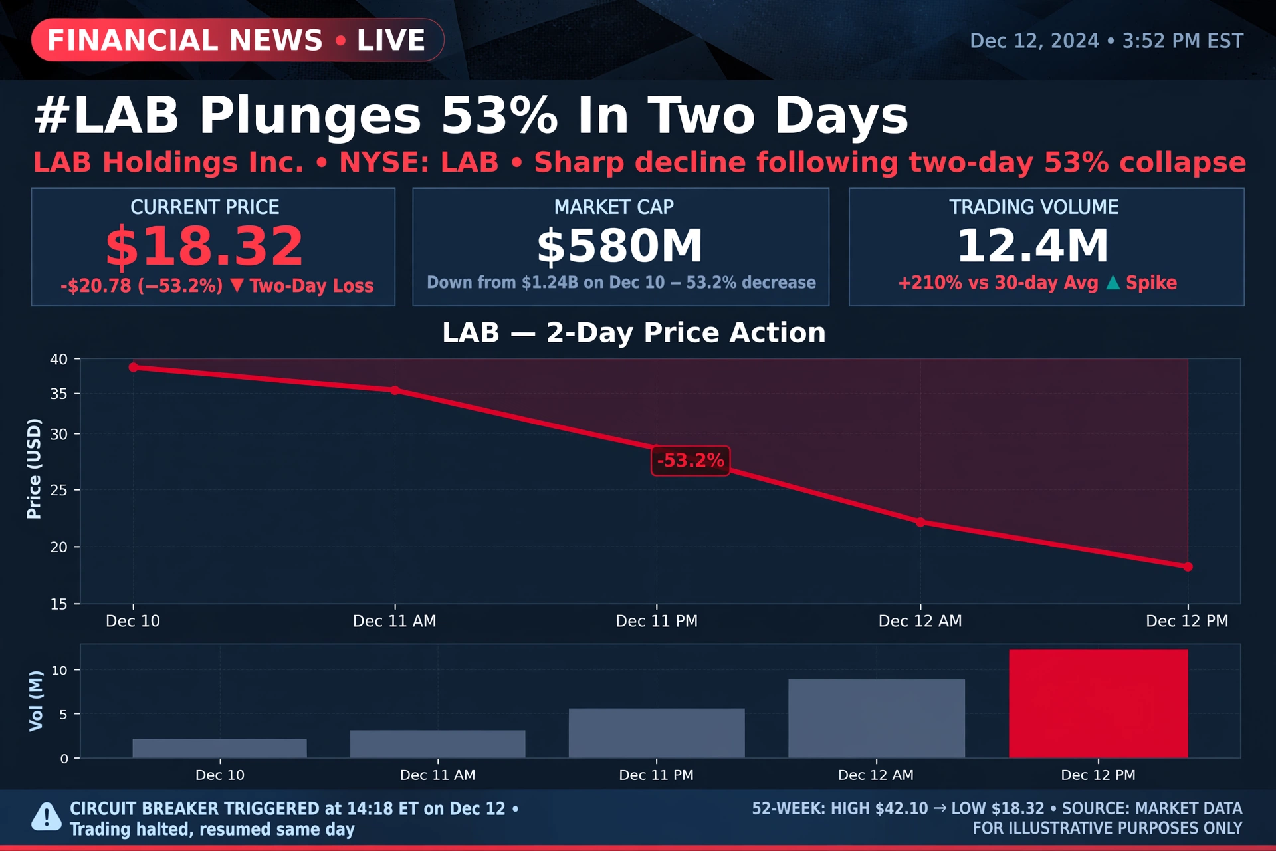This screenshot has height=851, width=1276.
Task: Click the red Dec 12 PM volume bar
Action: (x=1098, y=703)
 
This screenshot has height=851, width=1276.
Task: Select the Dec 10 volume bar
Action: (x=219, y=748)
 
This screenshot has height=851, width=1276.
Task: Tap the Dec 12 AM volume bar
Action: (x=876, y=719)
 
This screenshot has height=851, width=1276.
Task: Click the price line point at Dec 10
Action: (x=133, y=367)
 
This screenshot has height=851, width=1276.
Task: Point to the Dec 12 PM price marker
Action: (x=1188, y=566)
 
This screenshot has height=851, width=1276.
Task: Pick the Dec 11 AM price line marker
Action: (x=395, y=390)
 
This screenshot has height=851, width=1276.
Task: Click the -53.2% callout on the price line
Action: (x=691, y=461)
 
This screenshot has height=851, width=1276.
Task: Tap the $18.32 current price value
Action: (x=205, y=246)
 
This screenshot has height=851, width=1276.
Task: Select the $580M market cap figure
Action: (x=620, y=246)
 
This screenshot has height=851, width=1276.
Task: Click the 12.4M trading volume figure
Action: (x=1033, y=245)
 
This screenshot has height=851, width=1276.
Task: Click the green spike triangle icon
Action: (x=1113, y=283)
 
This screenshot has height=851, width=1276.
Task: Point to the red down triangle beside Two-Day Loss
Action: (x=237, y=285)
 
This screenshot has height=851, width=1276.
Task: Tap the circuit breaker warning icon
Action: (x=47, y=817)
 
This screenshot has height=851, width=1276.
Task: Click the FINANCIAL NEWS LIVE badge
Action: (x=237, y=40)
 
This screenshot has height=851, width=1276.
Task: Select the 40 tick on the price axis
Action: (x=59, y=359)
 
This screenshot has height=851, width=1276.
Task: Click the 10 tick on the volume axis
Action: (x=60, y=670)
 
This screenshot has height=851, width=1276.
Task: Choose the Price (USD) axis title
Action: (x=34, y=468)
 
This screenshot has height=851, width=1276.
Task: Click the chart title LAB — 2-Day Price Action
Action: (x=634, y=332)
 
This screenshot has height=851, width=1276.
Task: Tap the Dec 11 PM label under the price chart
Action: (x=657, y=621)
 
